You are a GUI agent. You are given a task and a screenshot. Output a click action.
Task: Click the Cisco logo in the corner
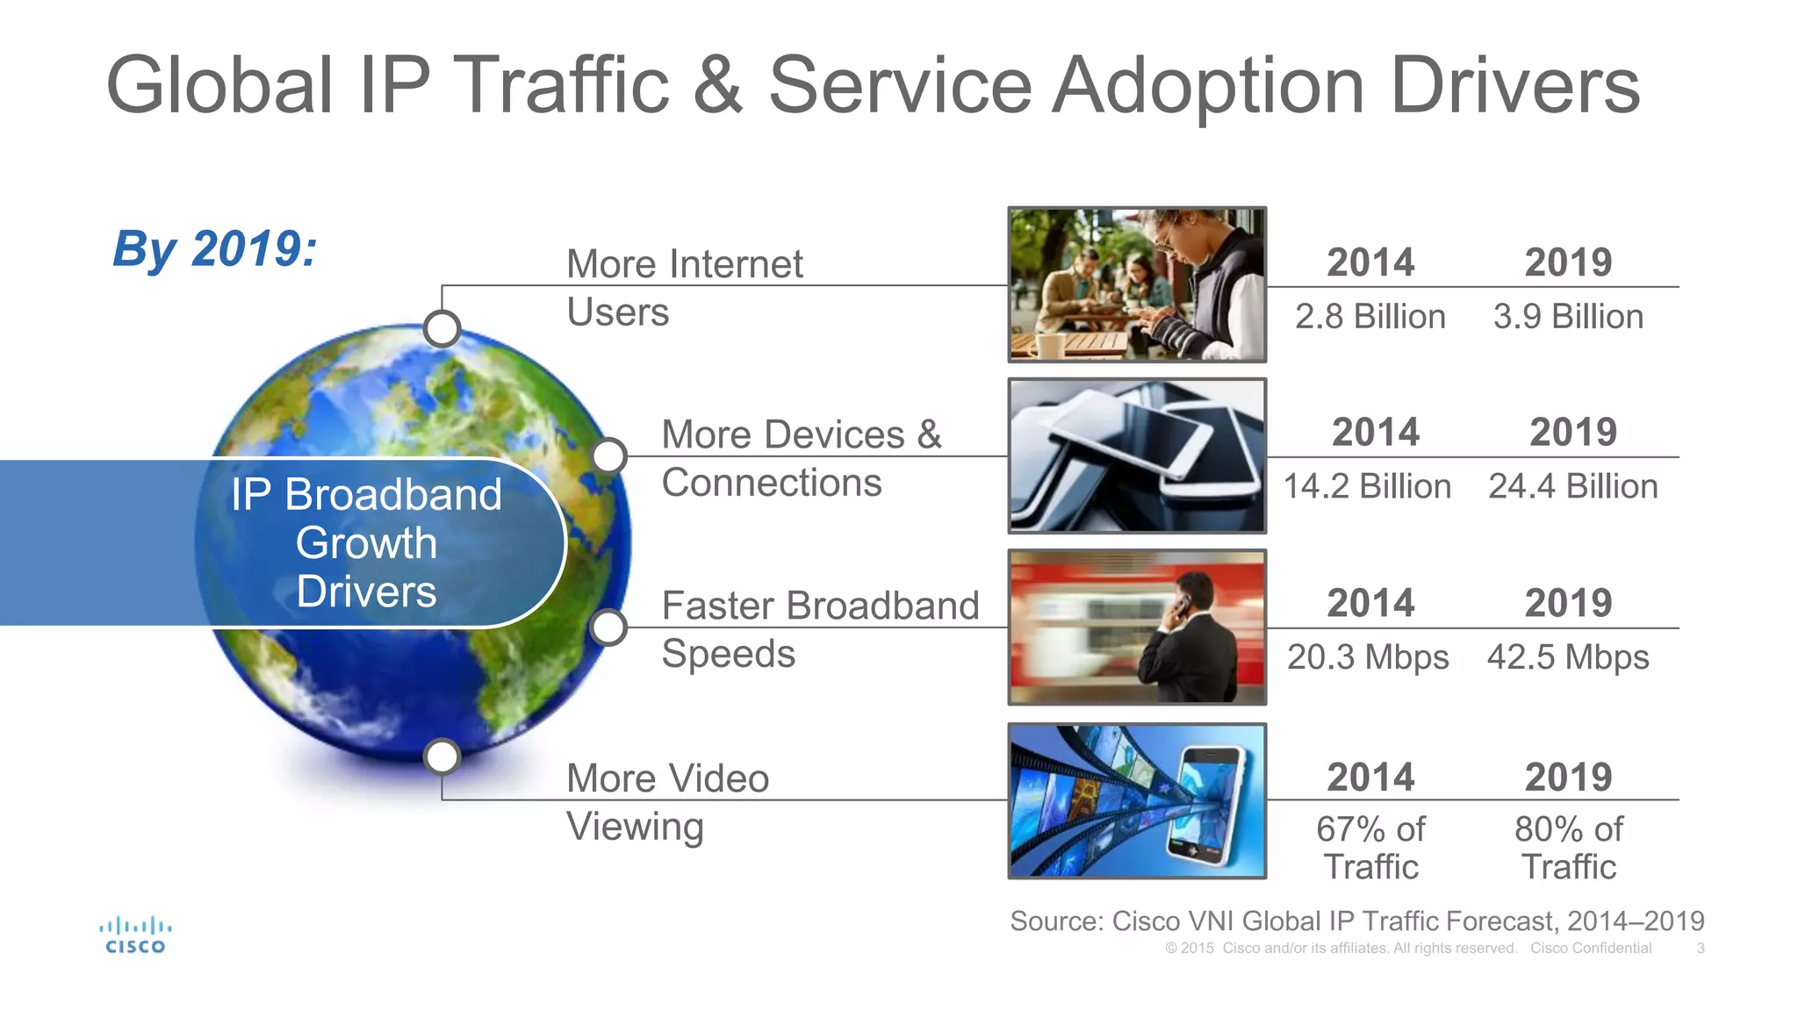(x=135, y=936)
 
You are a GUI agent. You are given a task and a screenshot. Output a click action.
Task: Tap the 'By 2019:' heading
(x=215, y=249)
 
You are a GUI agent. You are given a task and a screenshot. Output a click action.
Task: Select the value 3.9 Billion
(x=1568, y=317)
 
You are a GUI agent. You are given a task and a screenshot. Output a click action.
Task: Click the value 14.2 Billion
(x=1367, y=487)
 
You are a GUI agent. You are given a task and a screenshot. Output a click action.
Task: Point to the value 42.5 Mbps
(x=1568, y=657)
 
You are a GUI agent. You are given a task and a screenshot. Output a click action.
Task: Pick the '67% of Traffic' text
(x=1370, y=848)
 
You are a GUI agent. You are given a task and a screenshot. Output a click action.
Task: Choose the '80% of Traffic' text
(x=1569, y=848)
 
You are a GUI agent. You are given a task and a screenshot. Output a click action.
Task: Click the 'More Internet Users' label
(x=684, y=288)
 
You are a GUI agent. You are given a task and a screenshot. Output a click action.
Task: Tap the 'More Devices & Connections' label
(x=801, y=458)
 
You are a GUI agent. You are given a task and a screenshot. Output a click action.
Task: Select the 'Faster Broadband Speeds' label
(x=819, y=629)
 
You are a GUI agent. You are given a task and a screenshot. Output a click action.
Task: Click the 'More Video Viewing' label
(x=667, y=802)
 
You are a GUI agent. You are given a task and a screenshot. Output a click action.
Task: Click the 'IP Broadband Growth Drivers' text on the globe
(x=366, y=543)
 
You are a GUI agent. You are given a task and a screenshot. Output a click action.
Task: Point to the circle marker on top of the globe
(x=442, y=329)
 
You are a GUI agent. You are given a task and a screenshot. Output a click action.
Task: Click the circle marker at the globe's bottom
(x=442, y=756)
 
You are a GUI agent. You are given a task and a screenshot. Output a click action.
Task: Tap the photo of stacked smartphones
(x=1137, y=456)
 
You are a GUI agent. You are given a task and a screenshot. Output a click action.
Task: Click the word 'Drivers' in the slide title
(x=1514, y=85)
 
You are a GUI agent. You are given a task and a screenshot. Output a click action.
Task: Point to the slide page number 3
(x=1701, y=949)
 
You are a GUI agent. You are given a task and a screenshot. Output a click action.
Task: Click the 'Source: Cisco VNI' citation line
(x=1356, y=921)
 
